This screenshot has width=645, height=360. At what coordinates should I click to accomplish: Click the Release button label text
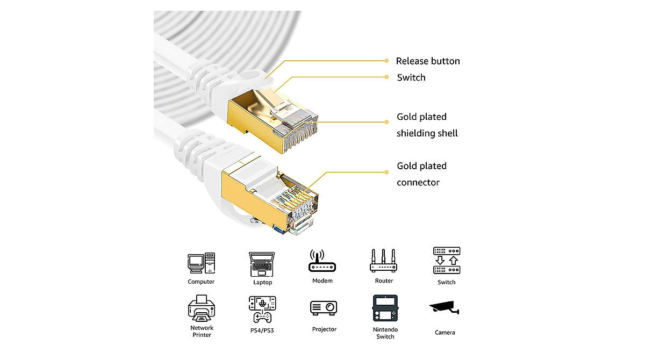coord(428,61)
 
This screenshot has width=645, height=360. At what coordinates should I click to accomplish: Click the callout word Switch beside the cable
coord(411,77)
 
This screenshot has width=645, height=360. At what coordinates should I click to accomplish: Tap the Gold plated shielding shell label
coord(427,125)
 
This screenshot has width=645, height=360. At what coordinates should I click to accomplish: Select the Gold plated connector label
coord(421,174)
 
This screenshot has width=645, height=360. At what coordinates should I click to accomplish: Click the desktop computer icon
coord(201,263)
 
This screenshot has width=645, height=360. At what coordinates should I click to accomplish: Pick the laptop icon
coord(262,264)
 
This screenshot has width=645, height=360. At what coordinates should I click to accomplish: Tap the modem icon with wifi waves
coord(322,261)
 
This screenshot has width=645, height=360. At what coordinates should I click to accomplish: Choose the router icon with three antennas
coord(384,261)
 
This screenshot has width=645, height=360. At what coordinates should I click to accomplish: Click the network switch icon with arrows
coord(447,261)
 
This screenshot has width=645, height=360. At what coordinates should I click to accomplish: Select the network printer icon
coord(202,308)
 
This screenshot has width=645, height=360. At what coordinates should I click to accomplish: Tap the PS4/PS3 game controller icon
coord(262,309)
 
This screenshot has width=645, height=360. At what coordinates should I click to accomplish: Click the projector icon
coord(324,308)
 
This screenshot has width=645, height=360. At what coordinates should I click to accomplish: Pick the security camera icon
coord(445,308)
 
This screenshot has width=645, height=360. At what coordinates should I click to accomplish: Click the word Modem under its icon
coord(322,280)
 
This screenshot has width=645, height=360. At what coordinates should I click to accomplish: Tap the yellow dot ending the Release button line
coord(386,61)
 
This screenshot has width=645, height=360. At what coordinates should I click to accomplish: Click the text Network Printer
coord(202,331)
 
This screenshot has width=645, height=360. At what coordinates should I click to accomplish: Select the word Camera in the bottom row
coord(445,333)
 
